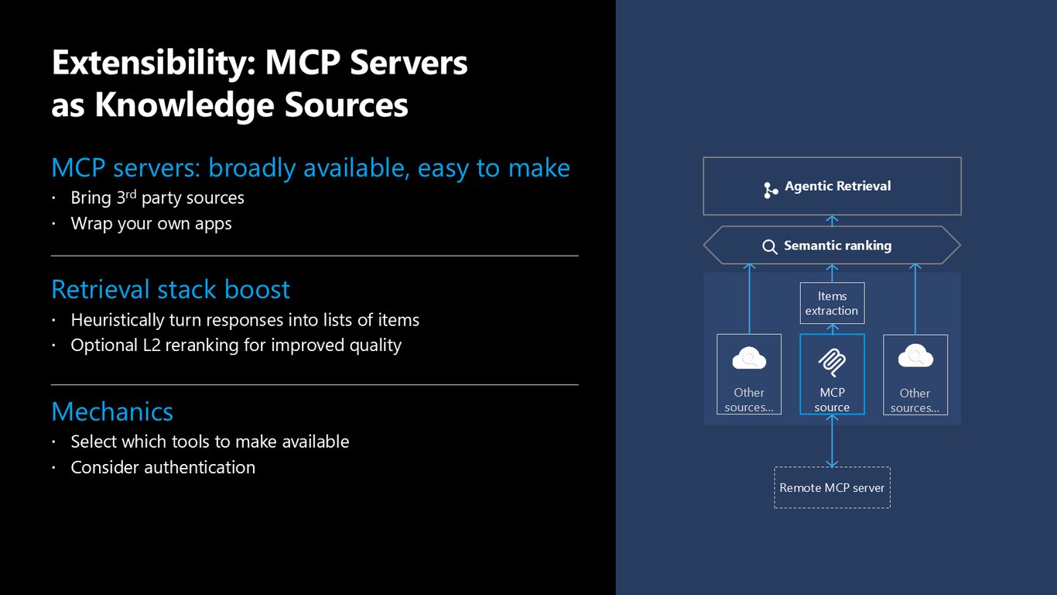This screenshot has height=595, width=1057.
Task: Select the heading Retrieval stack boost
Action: click(170, 289)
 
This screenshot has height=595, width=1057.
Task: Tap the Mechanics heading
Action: click(112, 411)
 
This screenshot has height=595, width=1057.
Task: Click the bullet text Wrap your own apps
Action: click(151, 224)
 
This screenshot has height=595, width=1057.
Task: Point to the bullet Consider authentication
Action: click(162, 467)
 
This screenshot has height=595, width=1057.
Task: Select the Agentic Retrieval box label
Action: click(837, 186)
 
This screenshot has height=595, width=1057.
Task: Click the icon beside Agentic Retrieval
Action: click(771, 190)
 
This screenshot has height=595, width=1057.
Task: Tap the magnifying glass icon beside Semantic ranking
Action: click(770, 246)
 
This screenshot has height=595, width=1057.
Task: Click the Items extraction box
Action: click(832, 303)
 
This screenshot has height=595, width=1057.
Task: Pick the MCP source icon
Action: click(832, 363)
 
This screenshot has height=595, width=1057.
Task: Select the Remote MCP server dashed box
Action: click(832, 488)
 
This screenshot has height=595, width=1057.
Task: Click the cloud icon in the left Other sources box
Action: click(749, 358)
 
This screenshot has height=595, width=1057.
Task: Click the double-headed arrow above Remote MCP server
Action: click(832, 441)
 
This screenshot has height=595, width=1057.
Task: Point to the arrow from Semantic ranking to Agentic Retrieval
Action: click(832, 221)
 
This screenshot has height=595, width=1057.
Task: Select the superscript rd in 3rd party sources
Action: click(131, 194)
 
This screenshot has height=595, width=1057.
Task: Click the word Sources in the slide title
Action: click(347, 105)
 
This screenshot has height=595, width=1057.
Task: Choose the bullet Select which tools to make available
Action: click(210, 442)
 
